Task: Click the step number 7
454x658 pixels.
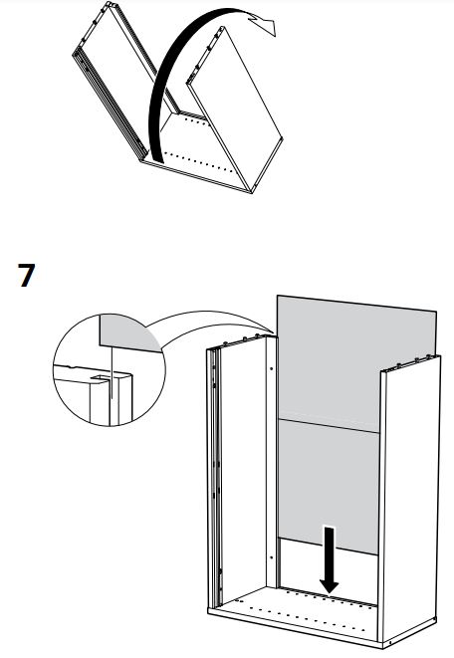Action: [x=27, y=275]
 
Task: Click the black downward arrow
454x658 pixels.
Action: [x=330, y=559]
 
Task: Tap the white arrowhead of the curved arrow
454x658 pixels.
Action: [x=263, y=22]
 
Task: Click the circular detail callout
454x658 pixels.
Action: [x=110, y=369]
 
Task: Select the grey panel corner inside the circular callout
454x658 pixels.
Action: [x=125, y=333]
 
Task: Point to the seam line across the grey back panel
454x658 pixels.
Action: [x=329, y=425]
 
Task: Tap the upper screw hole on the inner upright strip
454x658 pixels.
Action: [x=272, y=369]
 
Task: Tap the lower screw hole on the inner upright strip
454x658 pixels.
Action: [x=272, y=557]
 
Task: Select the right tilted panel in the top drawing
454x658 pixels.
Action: [x=235, y=110]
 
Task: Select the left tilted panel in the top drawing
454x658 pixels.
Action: [x=121, y=80]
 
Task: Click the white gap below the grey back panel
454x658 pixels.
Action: [x=329, y=570]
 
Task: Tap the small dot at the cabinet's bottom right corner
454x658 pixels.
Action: [x=390, y=642]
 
